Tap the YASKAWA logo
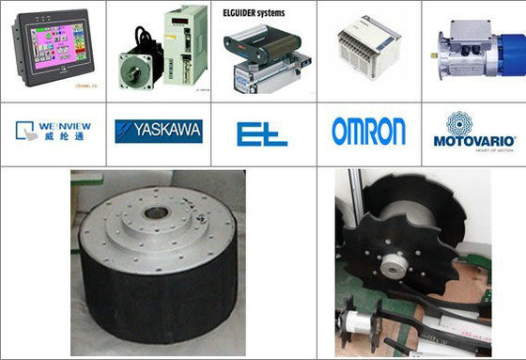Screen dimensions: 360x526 point(158,131)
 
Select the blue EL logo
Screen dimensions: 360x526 point(262,133)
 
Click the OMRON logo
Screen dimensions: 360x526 point(368,131)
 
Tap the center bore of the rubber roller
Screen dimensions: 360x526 point(157,212)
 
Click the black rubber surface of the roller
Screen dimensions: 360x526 point(155,301)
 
